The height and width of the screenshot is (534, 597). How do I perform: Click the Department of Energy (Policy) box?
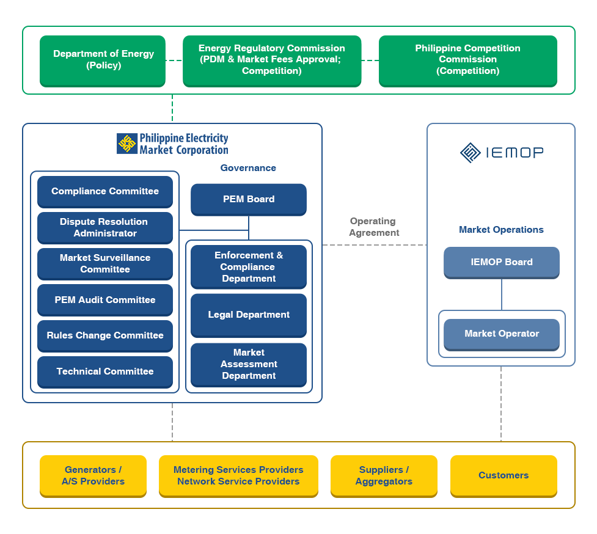pyautogui.click(x=103, y=60)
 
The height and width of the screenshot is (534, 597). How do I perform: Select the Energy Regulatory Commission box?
pyautogui.click(x=272, y=60)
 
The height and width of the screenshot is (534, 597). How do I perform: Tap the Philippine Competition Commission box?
pyautogui.click(x=467, y=60)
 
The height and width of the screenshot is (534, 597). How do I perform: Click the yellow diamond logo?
pyautogui.click(x=127, y=144)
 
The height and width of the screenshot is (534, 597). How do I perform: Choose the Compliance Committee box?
pyautogui.click(x=105, y=191)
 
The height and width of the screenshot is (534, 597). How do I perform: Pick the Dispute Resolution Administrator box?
pyautogui.click(x=105, y=227)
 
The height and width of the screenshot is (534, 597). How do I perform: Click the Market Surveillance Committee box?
pyautogui.click(x=105, y=263)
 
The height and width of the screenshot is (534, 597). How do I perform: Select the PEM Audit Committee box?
pyautogui.click(x=105, y=300)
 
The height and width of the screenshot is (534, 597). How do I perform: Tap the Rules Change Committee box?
pyautogui.click(x=105, y=335)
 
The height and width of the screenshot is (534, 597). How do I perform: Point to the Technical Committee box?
pyautogui.click(x=105, y=371)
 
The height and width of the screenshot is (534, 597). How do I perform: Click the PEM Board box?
pyautogui.click(x=249, y=199)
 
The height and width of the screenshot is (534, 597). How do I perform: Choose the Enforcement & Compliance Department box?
pyautogui.click(x=249, y=267)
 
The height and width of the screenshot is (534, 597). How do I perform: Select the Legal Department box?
pyautogui.click(x=249, y=315)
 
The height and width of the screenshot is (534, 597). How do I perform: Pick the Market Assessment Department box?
pyautogui.click(x=249, y=364)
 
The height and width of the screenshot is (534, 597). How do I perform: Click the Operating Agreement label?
pyautogui.click(x=373, y=227)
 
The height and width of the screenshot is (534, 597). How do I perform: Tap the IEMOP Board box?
pyautogui.click(x=502, y=262)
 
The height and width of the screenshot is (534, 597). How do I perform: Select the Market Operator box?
pyautogui.click(x=502, y=334)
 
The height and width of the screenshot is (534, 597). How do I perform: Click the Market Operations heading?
pyautogui.click(x=501, y=230)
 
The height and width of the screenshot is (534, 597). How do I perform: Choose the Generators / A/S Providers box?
pyautogui.click(x=93, y=475)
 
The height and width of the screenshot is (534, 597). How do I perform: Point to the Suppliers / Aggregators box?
pyautogui.click(x=384, y=475)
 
